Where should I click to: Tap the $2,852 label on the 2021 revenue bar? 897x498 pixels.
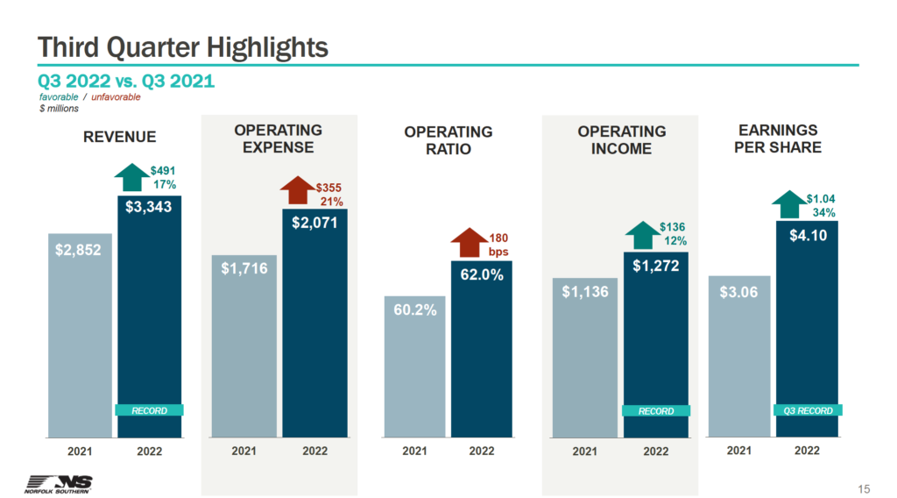[x=79, y=250]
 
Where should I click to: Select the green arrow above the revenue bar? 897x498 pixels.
[x=131, y=177]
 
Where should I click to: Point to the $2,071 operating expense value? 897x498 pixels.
[x=314, y=223]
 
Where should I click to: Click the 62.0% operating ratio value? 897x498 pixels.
[x=481, y=274]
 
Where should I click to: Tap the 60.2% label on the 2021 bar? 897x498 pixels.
[x=414, y=310]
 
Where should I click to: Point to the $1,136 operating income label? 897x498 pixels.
[x=585, y=292]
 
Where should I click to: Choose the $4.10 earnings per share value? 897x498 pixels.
[x=806, y=235]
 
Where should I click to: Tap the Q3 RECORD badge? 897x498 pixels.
[x=807, y=409]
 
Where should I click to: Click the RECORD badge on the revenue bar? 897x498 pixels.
[x=149, y=410]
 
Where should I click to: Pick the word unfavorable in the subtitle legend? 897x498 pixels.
[x=117, y=97]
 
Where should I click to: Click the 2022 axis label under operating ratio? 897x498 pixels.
[x=481, y=452]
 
